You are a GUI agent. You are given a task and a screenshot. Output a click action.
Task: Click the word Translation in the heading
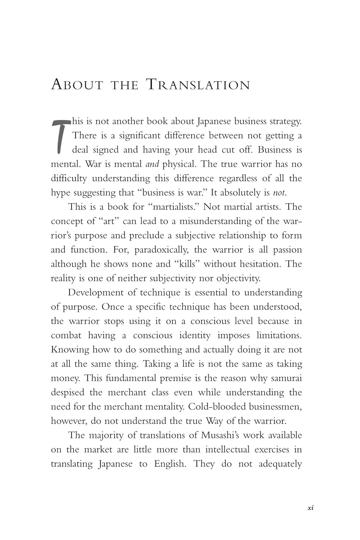pos(198,85)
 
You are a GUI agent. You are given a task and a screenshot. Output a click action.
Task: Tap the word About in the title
pos(77,85)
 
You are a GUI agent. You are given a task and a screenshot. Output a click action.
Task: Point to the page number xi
pos(311,508)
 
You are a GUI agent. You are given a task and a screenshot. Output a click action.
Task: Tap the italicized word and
pos(152,164)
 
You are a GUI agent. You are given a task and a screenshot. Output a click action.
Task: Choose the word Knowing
pos(69,350)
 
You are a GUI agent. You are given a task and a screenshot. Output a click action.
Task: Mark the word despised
pos(67,392)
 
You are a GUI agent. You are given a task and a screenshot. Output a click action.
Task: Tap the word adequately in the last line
pos(280,464)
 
